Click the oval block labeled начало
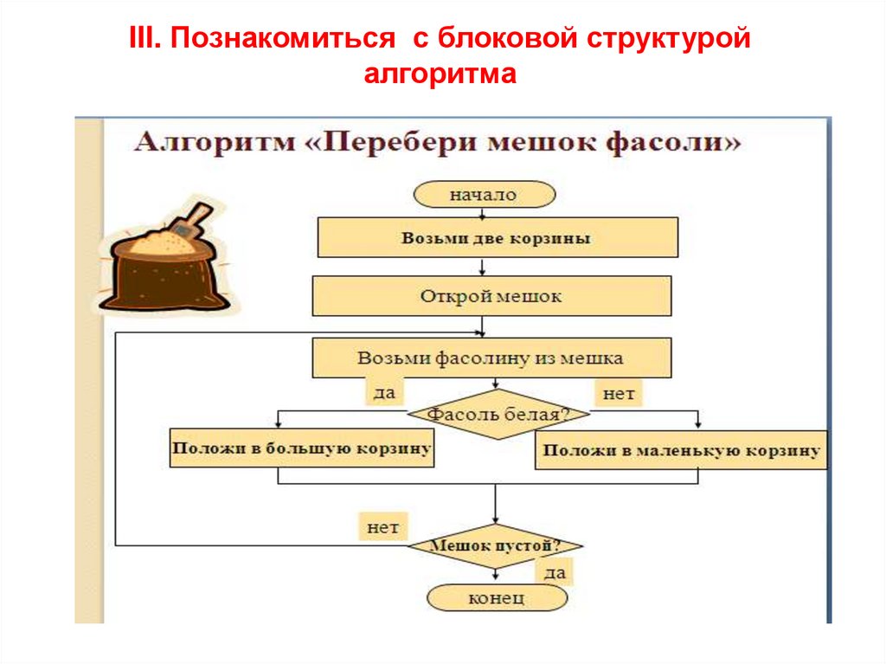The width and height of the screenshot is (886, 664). [485, 195]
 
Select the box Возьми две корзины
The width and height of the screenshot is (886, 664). [498, 237]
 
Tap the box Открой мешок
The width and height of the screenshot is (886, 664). [491, 296]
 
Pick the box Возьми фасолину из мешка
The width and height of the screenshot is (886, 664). [491, 358]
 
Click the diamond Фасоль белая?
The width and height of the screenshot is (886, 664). [498, 414]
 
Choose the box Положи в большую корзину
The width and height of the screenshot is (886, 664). [302, 448]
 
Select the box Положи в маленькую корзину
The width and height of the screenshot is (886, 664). [681, 450]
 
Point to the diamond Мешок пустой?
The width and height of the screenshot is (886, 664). [495, 545]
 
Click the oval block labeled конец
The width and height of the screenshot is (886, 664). [497, 598]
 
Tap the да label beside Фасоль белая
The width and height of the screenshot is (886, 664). [384, 392]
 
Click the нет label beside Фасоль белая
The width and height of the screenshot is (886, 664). [619, 393]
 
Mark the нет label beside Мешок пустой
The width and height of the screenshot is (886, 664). [383, 527]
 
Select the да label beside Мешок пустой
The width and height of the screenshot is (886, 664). [555, 572]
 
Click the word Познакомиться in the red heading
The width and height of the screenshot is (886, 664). [283, 38]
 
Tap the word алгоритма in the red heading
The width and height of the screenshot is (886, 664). [440, 74]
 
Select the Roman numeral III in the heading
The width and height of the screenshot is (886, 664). [145, 38]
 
